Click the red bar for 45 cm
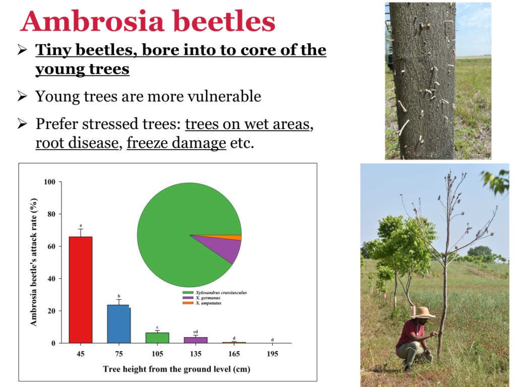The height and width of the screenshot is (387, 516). click(81, 290)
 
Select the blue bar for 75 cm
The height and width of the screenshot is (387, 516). click(119, 324)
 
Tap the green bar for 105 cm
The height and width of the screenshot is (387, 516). click(157, 338)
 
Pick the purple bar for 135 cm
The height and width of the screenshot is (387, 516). click(196, 340)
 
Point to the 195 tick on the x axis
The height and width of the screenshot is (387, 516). click(272, 354)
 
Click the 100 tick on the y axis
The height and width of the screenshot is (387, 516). click(50, 181)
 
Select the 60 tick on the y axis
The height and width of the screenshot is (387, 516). click(51, 246)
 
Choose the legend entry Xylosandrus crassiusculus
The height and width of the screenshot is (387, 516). click(215, 293)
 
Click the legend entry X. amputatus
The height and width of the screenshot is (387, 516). click(202, 303)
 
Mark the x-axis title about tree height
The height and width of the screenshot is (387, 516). click(176, 369)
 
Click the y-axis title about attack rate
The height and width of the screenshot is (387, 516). click(34, 262)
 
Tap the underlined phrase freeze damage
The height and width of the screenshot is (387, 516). click(176, 143)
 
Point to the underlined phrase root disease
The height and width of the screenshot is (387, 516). click(77, 143)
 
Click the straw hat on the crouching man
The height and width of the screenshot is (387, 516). click(423, 312)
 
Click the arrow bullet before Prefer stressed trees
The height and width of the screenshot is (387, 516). click(22, 124)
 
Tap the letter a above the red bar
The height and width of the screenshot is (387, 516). click(81, 225)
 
